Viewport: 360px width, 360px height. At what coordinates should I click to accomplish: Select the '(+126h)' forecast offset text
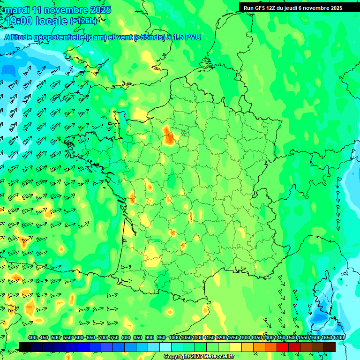click(83, 21)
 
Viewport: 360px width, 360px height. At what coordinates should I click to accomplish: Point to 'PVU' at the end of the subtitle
click(193, 37)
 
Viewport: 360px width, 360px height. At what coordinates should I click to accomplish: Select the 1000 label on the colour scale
click(174, 338)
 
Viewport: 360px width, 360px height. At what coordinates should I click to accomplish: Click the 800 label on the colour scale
click(126, 338)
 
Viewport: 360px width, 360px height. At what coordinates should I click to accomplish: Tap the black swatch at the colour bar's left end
click(25, 347)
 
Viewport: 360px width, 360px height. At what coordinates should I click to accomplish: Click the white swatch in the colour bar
click(165, 347)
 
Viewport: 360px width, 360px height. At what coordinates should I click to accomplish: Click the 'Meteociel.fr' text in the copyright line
click(217, 357)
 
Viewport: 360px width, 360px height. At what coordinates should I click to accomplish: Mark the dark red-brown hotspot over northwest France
click(170, 137)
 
